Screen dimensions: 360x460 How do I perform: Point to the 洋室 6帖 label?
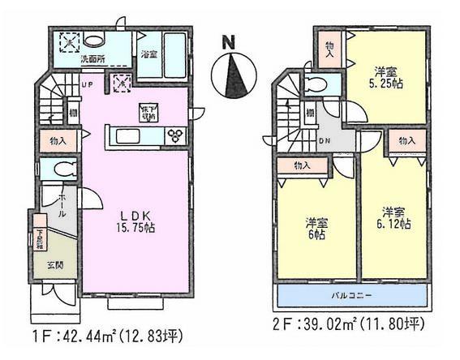(317, 227)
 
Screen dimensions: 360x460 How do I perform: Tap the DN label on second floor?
(325, 140)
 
